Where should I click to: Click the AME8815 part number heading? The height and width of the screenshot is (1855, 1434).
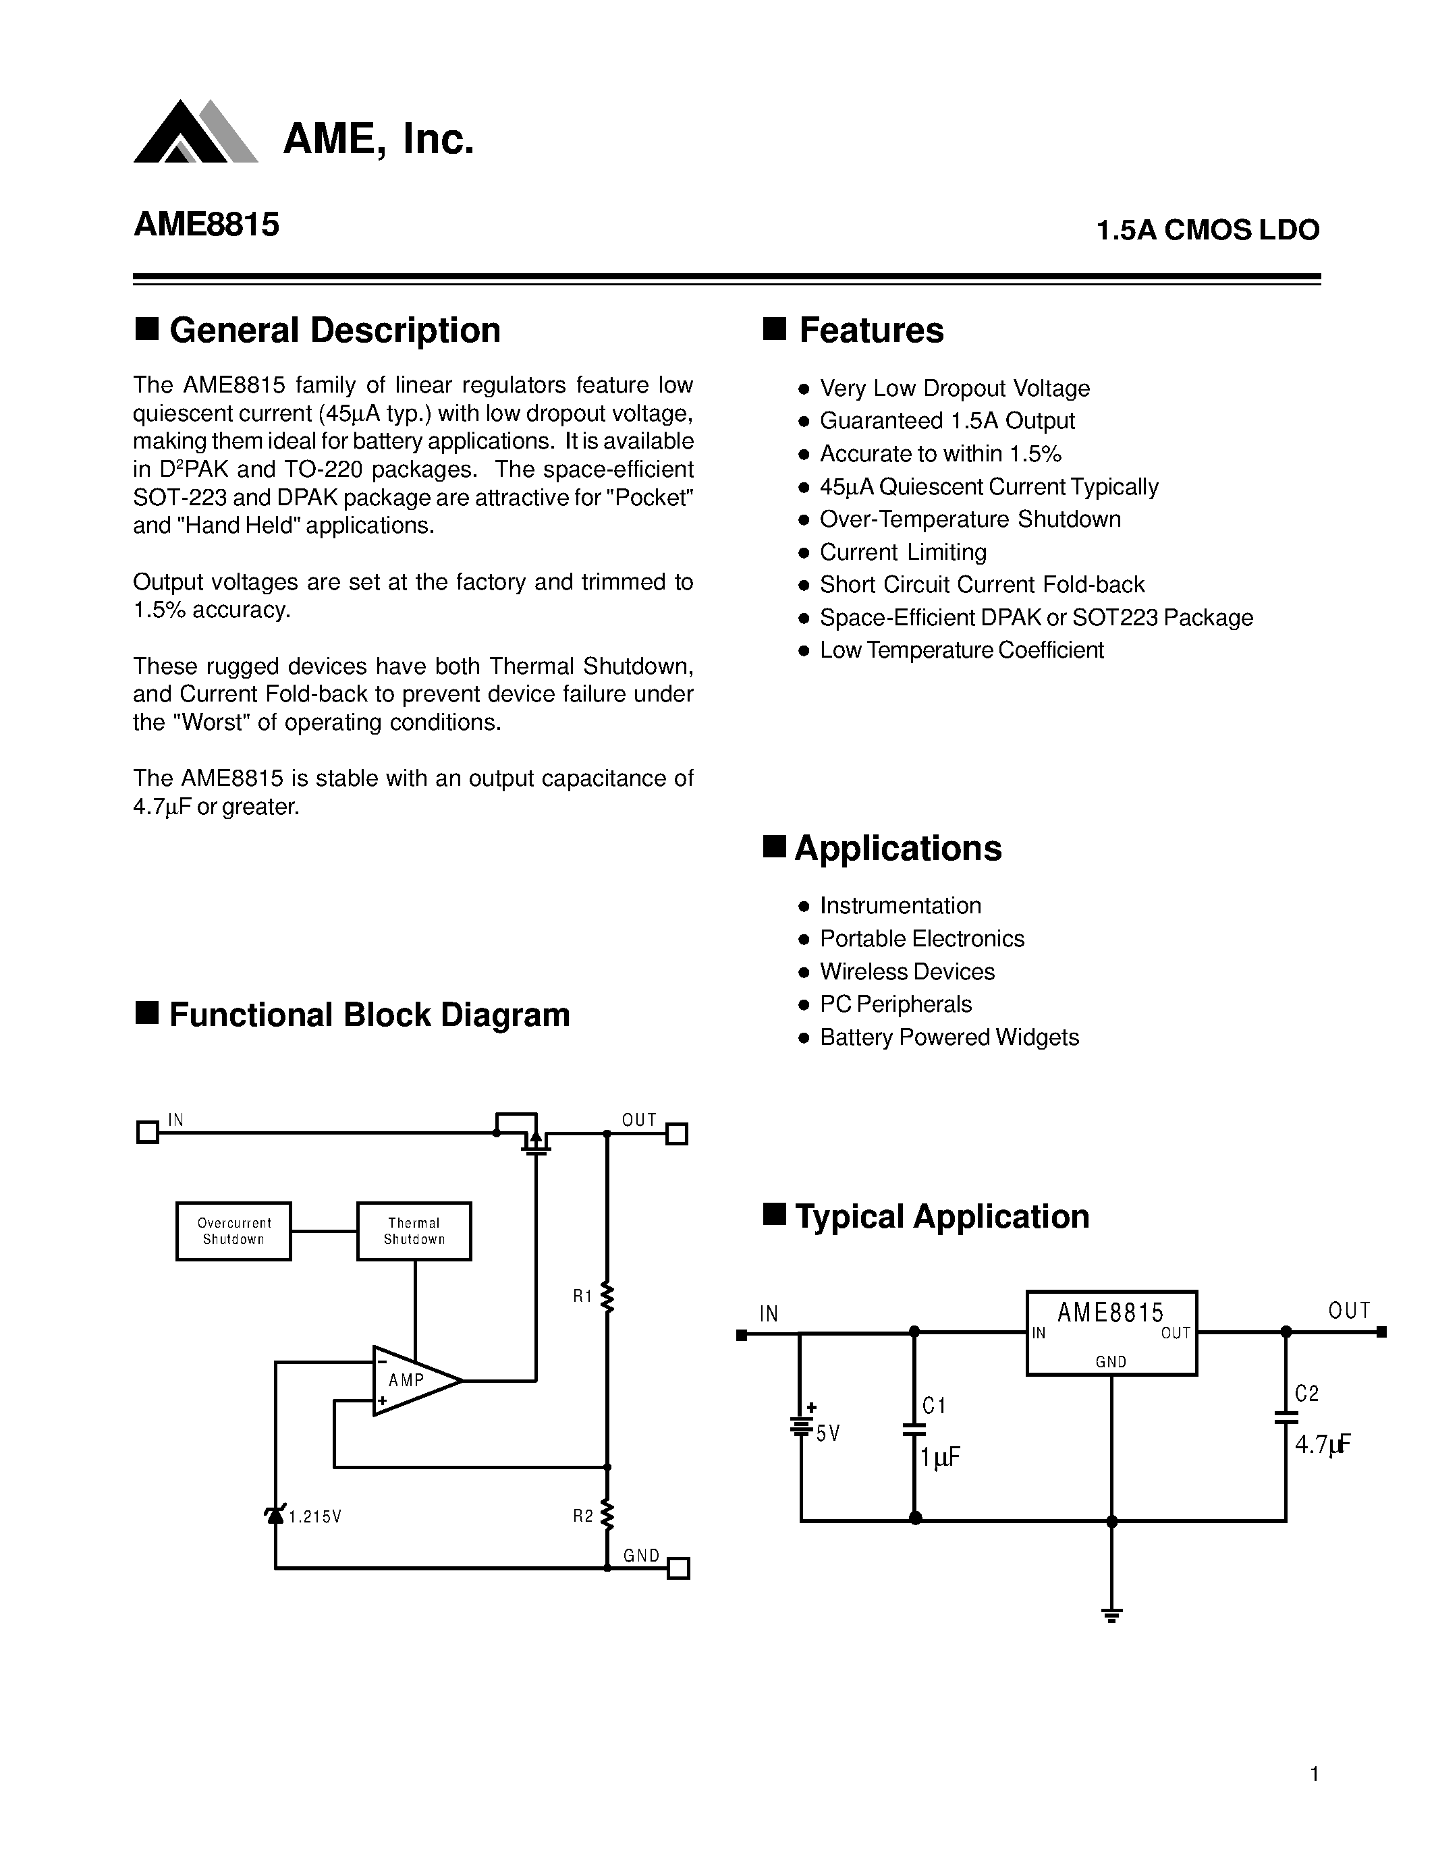[206, 225]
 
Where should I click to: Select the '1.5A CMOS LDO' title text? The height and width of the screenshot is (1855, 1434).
[1207, 230]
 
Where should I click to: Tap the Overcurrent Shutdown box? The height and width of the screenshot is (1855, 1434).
[233, 1231]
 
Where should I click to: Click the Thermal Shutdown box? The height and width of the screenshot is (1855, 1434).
[414, 1231]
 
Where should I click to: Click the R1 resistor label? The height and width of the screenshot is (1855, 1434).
[582, 1296]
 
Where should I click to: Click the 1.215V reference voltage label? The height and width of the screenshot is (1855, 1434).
[315, 1517]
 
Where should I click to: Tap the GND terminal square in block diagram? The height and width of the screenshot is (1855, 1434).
[678, 1568]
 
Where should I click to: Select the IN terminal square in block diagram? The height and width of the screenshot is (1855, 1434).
[148, 1132]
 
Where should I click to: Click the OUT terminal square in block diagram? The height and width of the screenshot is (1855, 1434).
[676, 1134]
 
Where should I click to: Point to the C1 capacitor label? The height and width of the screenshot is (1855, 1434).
[935, 1406]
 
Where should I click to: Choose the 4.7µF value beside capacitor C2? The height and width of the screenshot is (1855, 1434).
[1323, 1444]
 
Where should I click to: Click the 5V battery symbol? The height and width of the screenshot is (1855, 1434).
[800, 1426]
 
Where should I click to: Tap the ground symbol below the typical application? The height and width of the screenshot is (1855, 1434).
[1111, 1614]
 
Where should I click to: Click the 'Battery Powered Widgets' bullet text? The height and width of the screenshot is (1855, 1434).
[949, 1037]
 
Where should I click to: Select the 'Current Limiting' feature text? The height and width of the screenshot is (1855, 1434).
[903, 552]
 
